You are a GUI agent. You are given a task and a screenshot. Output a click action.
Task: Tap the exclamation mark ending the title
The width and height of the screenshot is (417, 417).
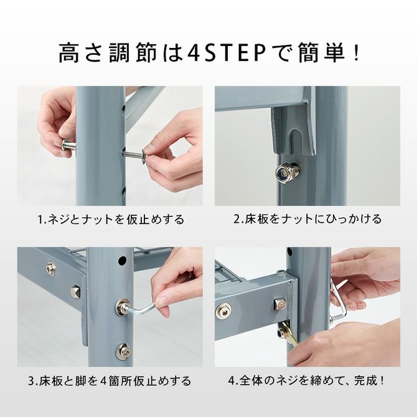[355, 52]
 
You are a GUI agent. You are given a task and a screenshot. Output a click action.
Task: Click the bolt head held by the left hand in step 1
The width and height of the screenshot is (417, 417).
[69, 146]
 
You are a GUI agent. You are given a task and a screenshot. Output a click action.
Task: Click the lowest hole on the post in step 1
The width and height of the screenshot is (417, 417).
[123, 191]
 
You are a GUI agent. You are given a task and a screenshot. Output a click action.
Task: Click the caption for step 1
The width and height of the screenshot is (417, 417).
[110, 220]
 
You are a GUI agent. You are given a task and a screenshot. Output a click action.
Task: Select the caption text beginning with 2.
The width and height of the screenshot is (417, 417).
[307, 220]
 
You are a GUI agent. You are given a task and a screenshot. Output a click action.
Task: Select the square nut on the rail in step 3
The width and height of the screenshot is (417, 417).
[76, 291]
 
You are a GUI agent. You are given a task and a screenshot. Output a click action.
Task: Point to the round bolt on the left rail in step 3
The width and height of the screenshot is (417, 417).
[50, 269]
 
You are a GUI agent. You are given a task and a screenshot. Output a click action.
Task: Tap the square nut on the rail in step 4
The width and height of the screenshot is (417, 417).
[279, 304]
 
